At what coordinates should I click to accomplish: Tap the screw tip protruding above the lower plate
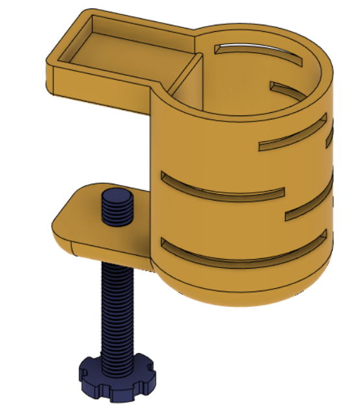click(x=117, y=206)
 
